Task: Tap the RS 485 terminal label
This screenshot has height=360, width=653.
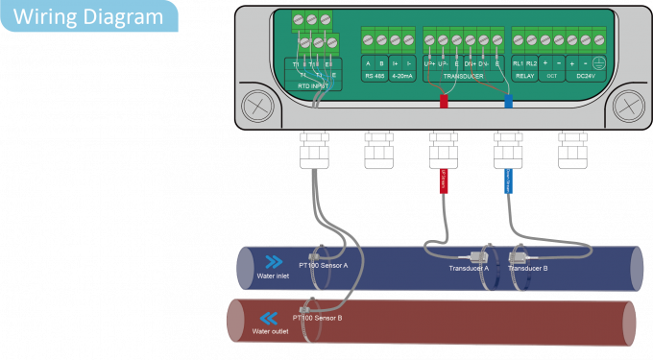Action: pyautogui.click(x=375, y=74)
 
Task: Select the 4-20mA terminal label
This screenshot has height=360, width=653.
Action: pyautogui.click(x=401, y=74)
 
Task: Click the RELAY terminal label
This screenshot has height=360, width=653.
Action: pyautogui.click(x=524, y=74)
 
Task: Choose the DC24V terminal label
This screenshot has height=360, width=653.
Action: pyautogui.click(x=585, y=74)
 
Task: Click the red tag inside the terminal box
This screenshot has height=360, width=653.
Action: pyautogui.click(x=444, y=100)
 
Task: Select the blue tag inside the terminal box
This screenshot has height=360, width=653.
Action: pyautogui.click(x=508, y=100)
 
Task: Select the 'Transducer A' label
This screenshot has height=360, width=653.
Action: pyautogui.click(x=469, y=269)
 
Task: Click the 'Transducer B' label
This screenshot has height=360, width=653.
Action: pyautogui.click(x=527, y=269)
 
